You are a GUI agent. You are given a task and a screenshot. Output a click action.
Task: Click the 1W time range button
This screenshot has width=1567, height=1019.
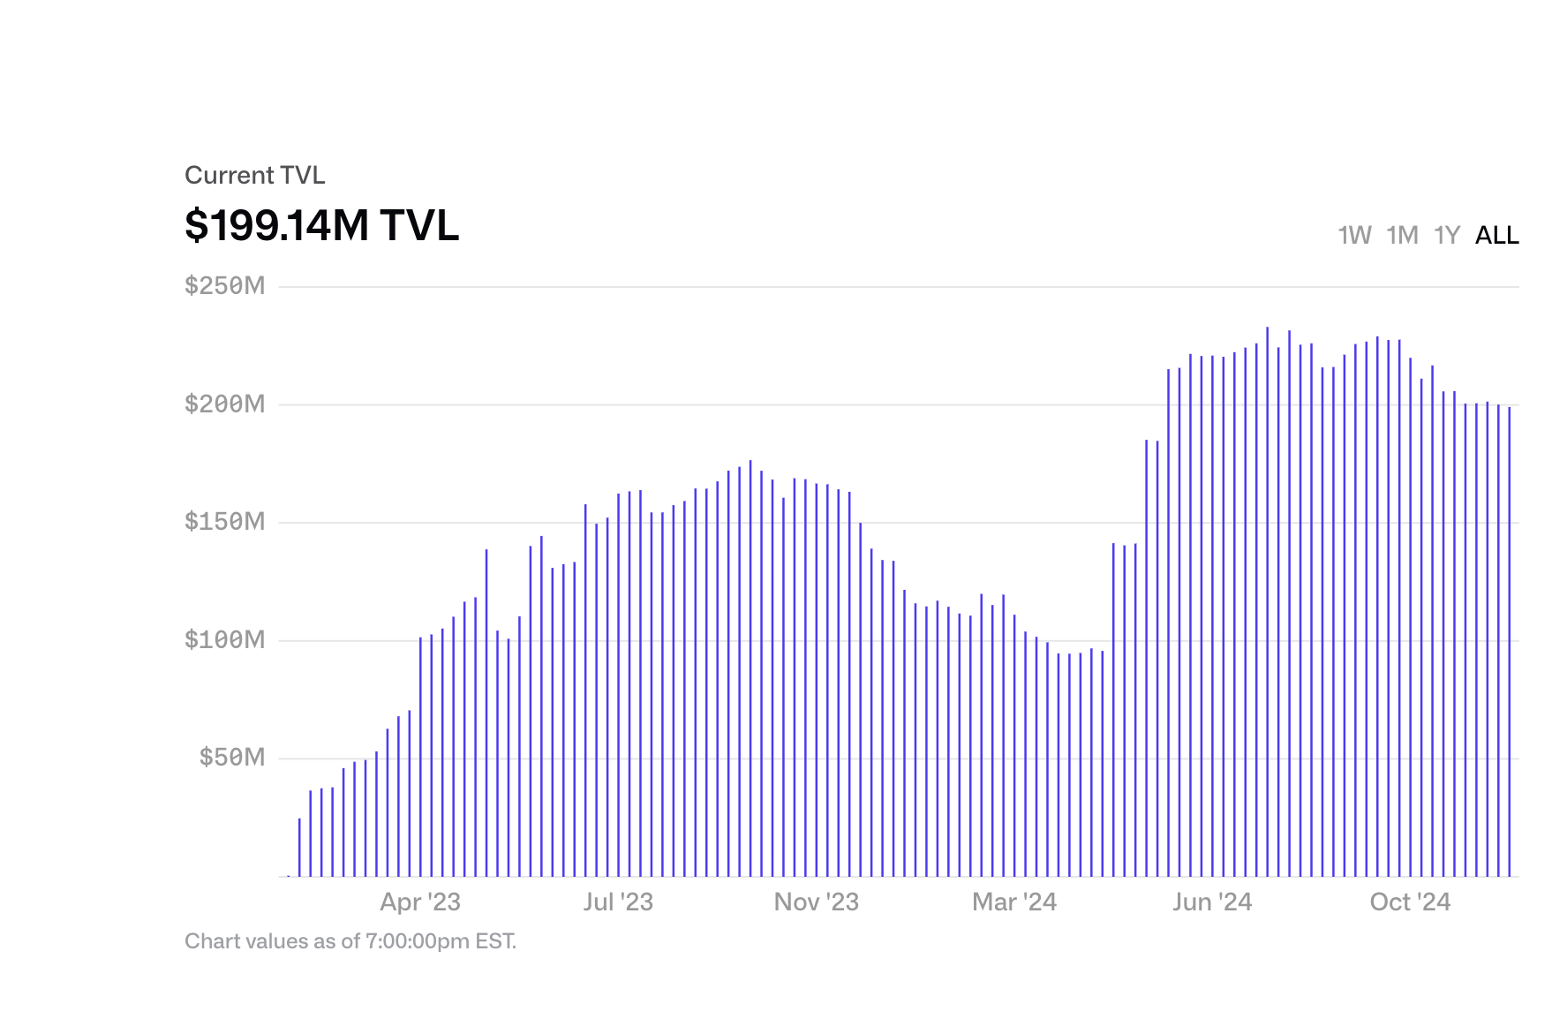(x=1354, y=235)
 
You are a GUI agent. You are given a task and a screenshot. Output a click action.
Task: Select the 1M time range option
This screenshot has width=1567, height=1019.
(x=1402, y=235)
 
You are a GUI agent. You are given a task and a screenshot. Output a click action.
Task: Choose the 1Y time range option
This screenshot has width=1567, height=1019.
(x=1447, y=235)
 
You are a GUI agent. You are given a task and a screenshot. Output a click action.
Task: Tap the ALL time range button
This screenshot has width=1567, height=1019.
(x=1497, y=235)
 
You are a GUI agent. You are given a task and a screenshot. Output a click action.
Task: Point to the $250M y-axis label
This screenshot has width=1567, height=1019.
(x=224, y=286)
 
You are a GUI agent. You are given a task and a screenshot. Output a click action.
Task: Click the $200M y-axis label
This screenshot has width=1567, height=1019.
(x=224, y=404)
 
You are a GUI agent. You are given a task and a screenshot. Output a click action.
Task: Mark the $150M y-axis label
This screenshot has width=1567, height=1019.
(x=224, y=522)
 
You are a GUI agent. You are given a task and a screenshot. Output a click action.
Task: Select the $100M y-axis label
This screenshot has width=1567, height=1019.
(x=224, y=640)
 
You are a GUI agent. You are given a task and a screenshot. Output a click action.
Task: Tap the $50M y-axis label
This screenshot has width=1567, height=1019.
(x=231, y=758)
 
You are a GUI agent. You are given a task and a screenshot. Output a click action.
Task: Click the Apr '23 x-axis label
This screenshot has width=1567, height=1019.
(x=420, y=902)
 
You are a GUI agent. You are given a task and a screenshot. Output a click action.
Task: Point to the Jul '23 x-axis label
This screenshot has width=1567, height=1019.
(x=618, y=902)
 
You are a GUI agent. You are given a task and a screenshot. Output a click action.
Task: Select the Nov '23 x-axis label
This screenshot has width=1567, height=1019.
(x=817, y=902)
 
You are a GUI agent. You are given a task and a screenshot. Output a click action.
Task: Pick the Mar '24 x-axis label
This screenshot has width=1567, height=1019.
(x=1014, y=902)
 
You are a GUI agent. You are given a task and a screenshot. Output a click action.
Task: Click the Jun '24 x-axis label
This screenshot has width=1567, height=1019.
(x=1212, y=902)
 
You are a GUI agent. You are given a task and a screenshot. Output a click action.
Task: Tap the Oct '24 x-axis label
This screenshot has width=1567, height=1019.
(x=1410, y=902)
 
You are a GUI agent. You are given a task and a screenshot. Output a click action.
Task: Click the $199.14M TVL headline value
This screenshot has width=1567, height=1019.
(x=321, y=225)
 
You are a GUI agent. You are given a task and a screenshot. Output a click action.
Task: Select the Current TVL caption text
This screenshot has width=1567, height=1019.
(x=255, y=175)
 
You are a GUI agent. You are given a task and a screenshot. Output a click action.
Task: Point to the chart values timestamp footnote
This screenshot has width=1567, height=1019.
(x=350, y=941)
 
